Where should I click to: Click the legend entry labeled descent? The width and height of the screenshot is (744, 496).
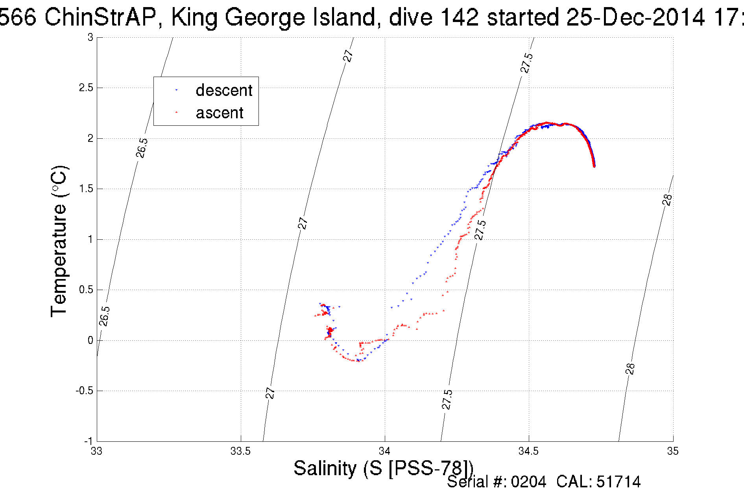click(x=223, y=90)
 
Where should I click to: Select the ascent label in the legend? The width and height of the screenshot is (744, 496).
click(x=220, y=113)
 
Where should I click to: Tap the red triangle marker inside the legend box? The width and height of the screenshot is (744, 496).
click(x=176, y=112)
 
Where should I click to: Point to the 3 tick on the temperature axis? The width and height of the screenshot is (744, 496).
click(x=90, y=37)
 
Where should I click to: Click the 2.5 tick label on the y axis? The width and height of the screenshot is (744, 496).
click(x=86, y=88)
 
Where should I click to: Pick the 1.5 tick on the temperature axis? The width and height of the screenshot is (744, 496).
click(x=86, y=189)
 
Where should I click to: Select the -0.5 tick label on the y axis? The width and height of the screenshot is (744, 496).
click(x=85, y=391)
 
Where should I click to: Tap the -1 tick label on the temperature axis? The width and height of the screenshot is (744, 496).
click(x=88, y=441)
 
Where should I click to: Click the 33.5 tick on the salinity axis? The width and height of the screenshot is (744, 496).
click(x=240, y=451)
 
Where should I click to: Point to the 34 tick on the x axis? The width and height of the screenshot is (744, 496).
click(x=385, y=451)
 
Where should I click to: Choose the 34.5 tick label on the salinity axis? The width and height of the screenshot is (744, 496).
click(x=528, y=451)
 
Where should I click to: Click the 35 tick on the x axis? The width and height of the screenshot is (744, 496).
click(x=673, y=451)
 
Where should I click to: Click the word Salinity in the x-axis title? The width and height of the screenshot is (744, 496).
click(x=325, y=468)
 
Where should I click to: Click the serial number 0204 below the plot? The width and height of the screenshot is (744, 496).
click(x=528, y=482)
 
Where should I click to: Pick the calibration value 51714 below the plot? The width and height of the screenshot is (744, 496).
click(x=618, y=482)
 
